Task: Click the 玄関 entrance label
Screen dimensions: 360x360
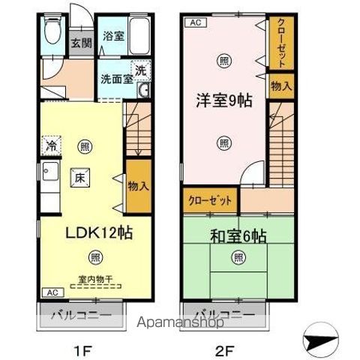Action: point(82,43)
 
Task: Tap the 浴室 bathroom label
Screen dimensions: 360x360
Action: point(112,35)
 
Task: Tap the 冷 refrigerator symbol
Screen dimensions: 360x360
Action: point(52,145)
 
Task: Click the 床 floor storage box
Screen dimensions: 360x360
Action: point(79,177)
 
